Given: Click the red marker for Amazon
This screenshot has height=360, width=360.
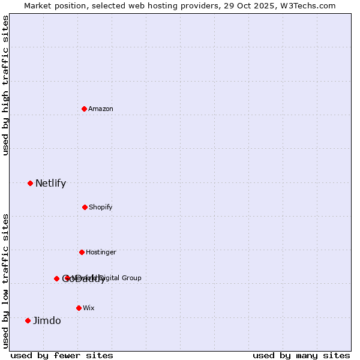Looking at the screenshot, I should click(x=84, y=109).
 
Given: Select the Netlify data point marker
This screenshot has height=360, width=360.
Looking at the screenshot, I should click(x=30, y=183).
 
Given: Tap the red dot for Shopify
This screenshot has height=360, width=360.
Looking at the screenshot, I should click(x=85, y=207).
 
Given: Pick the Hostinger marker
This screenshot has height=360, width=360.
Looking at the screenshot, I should click(x=82, y=252).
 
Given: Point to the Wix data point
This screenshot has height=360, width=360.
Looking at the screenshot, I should click(x=79, y=308).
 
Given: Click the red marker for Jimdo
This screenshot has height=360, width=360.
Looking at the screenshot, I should click(x=28, y=320).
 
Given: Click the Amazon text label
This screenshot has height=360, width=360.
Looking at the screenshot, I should click(x=101, y=109).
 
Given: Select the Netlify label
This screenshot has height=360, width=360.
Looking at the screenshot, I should click(x=50, y=184).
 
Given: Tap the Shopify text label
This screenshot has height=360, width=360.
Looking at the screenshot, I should click(x=101, y=207).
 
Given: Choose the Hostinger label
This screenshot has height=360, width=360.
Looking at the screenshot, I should click(x=101, y=252).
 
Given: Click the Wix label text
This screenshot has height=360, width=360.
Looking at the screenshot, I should click(x=89, y=308).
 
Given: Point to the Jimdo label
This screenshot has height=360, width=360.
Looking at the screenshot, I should click(x=47, y=321).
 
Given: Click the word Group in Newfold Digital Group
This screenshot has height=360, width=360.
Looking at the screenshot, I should click(x=131, y=278).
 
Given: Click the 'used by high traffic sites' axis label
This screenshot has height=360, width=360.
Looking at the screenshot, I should click(x=5, y=85).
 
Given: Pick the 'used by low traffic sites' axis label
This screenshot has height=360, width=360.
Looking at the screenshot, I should click(x=5, y=280).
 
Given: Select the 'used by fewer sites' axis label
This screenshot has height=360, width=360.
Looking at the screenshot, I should click(x=62, y=355).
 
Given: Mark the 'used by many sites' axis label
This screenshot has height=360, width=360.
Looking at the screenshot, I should click(x=301, y=355).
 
